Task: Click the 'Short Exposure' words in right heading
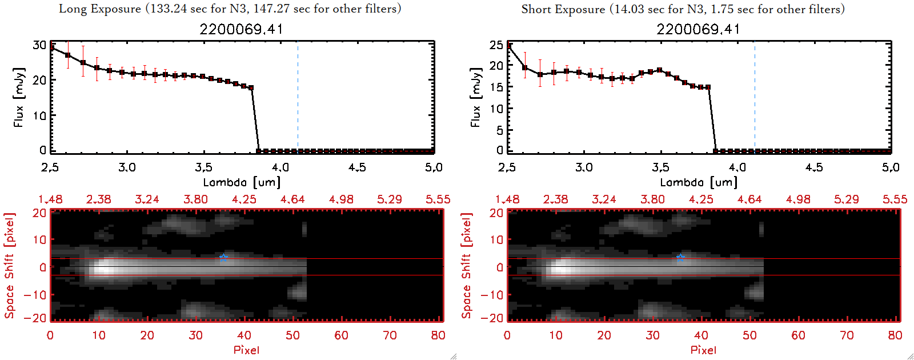tap(563, 9)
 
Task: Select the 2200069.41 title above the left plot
tap(241, 29)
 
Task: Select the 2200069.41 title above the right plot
tap(698, 29)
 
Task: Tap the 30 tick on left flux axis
tap(39, 45)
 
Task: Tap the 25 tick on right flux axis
tap(496, 45)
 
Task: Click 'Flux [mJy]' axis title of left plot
tap(19, 98)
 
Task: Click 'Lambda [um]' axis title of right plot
tap(699, 182)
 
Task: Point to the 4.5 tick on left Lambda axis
tap(357, 167)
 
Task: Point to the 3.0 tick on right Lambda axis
tap(584, 167)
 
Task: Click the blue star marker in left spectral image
tap(223, 258)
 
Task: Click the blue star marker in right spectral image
tap(680, 258)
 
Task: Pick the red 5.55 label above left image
tap(438, 199)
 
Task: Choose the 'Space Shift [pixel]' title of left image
tap(9, 266)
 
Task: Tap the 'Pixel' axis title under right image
tap(703, 350)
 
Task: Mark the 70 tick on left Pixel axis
tap(390, 335)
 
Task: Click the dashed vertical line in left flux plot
tap(298, 97)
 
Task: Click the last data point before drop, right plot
tap(708, 87)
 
